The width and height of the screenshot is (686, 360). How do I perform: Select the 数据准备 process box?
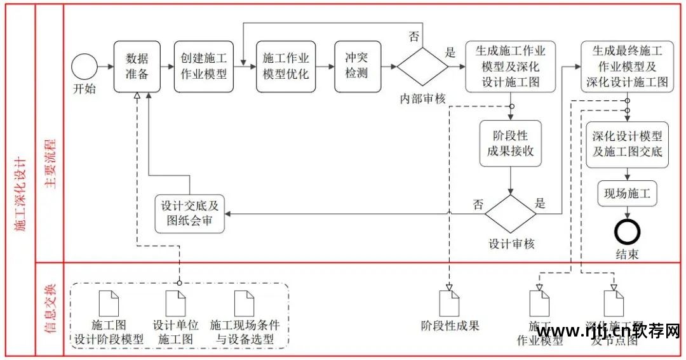click(x=137, y=67)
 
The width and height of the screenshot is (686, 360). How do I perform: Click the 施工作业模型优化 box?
click(x=285, y=67)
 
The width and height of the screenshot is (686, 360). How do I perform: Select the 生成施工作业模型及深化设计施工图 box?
click(x=510, y=67)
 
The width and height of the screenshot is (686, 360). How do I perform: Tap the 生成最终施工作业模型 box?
click(x=626, y=67)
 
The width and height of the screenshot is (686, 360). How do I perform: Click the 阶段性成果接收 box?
click(x=511, y=143)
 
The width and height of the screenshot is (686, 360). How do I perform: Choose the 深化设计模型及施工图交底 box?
click(x=627, y=144)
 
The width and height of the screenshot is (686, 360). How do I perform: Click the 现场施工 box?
click(x=627, y=194)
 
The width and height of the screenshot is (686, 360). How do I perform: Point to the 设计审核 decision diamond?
click(x=511, y=214)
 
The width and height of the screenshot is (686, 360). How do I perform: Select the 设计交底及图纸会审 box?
click(x=191, y=214)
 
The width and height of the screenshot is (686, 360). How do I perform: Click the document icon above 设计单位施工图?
click(x=175, y=303)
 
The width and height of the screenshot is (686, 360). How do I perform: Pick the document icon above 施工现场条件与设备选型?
click(x=244, y=303)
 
